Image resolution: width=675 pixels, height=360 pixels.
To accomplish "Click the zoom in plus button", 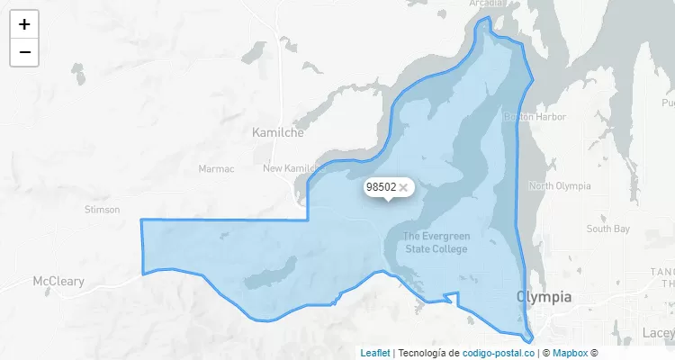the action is pyautogui.click(x=24, y=24).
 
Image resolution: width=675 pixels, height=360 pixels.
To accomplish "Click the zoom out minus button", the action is pyautogui.click(x=24, y=52).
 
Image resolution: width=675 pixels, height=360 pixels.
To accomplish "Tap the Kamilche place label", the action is pyautogui.click(x=278, y=132).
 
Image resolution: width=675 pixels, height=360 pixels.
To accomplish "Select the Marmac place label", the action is pyautogui.click(x=216, y=168).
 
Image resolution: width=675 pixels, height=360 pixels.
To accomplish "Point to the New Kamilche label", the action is pyautogui.click(x=295, y=168).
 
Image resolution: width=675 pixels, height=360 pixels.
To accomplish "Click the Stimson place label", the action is pyautogui.click(x=102, y=210).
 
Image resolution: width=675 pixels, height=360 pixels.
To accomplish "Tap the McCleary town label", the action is pyautogui.click(x=58, y=282).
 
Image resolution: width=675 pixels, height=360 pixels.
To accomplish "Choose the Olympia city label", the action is pyautogui.click(x=544, y=297).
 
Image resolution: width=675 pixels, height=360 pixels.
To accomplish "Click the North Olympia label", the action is pyautogui.click(x=560, y=186).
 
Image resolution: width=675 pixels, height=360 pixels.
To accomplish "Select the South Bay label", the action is pyautogui.click(x=609, y=229).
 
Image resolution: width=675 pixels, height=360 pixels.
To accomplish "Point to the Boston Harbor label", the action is pyautogui.click(x=535, y=117).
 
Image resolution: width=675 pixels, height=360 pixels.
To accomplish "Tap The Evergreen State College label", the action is pyautogui.click(x=436, y=243).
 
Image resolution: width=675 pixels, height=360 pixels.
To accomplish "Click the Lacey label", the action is pyautogui.click(x=659, y=333).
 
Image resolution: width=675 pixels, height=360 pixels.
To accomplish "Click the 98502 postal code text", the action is pyautogui.click(x=381, y=187).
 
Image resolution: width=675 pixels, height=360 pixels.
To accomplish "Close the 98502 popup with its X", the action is pyautogui.click(x=403, y=187).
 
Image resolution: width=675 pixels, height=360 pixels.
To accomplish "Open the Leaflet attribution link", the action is pyautogui.click(x=375, y=353).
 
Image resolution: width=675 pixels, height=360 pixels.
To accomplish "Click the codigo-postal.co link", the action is pyautogui.click(x=498, y=353).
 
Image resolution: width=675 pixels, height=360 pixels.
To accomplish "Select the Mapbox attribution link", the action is pyautogui.click(x=570, y=353).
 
